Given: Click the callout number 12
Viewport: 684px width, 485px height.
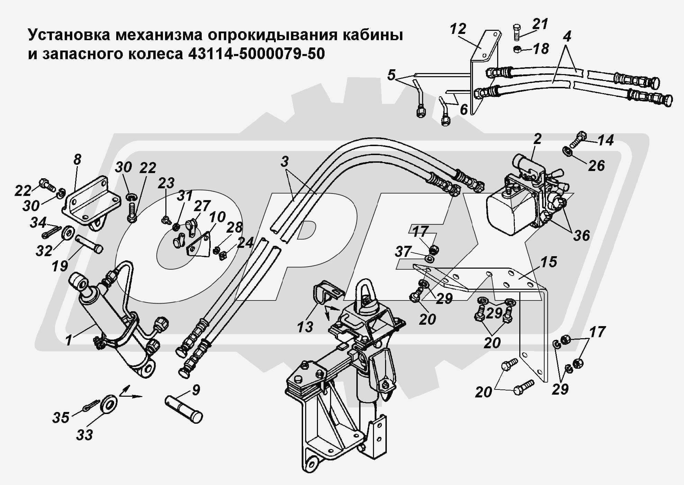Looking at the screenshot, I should (458, 29).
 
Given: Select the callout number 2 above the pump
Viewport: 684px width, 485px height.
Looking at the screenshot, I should (537, 139).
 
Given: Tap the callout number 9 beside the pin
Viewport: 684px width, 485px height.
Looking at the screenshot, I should (195, 390).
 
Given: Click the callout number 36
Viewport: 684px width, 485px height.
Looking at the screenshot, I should (581, 236).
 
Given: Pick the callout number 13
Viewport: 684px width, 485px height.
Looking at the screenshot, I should (305, 326).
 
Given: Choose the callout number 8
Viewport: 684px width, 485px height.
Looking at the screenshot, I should (77, 160).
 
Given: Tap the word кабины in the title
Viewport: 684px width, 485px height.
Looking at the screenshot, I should (372, 35).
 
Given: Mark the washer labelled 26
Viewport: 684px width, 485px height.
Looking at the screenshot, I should (568, 151).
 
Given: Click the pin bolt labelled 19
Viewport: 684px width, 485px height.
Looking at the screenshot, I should (89, 244).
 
